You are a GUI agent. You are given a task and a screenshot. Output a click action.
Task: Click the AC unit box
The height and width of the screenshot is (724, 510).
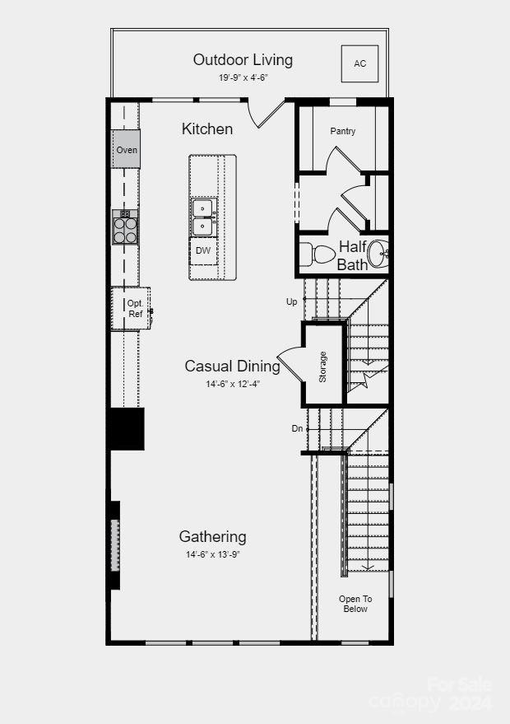[x=360, y=63]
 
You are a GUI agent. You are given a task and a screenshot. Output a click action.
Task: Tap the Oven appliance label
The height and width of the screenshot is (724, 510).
[x=127, y=150]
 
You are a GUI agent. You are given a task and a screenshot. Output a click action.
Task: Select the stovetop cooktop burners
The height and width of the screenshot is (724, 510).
[x=125, y=228]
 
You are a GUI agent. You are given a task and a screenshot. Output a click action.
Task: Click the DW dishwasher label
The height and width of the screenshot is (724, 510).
[x=203, y=250]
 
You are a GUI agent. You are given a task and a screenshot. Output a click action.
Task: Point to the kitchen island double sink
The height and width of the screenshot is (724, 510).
[x=204, y=217]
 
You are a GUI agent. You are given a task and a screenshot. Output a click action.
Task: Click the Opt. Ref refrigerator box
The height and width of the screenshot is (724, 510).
[x=133, y=308]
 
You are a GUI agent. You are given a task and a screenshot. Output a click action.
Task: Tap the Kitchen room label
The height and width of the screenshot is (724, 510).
[x=207, y=128]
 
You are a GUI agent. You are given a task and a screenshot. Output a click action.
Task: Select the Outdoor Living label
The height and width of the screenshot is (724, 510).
[x=243, y=59]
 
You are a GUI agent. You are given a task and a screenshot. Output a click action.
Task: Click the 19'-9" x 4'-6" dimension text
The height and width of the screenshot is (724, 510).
[x=243, y=77]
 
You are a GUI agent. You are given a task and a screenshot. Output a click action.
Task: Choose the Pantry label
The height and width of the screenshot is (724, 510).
[x=343, y=131]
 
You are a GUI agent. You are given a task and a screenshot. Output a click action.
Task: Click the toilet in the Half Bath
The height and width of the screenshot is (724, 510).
[x=313, y=254]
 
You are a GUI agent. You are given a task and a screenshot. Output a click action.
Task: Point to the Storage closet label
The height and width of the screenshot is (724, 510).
[x=322, y=367]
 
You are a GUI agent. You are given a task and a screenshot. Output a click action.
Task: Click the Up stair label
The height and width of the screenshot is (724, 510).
[x=291, y=301]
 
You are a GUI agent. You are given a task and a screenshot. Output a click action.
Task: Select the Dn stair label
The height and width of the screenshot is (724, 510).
[x=296, y=428]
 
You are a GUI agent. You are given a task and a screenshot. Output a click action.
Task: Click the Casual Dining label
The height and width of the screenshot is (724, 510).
[x=232, y=367]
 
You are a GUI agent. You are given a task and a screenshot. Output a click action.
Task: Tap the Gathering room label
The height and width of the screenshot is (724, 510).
[x=212, y=536]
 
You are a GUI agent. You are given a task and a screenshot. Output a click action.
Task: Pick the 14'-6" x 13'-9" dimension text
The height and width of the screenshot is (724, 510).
[x=212, y=554]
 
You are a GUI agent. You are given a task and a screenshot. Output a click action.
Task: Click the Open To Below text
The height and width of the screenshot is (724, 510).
[x=355, y=604]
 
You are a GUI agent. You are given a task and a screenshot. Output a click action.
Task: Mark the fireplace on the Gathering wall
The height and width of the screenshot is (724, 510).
[x=115, y=545]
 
